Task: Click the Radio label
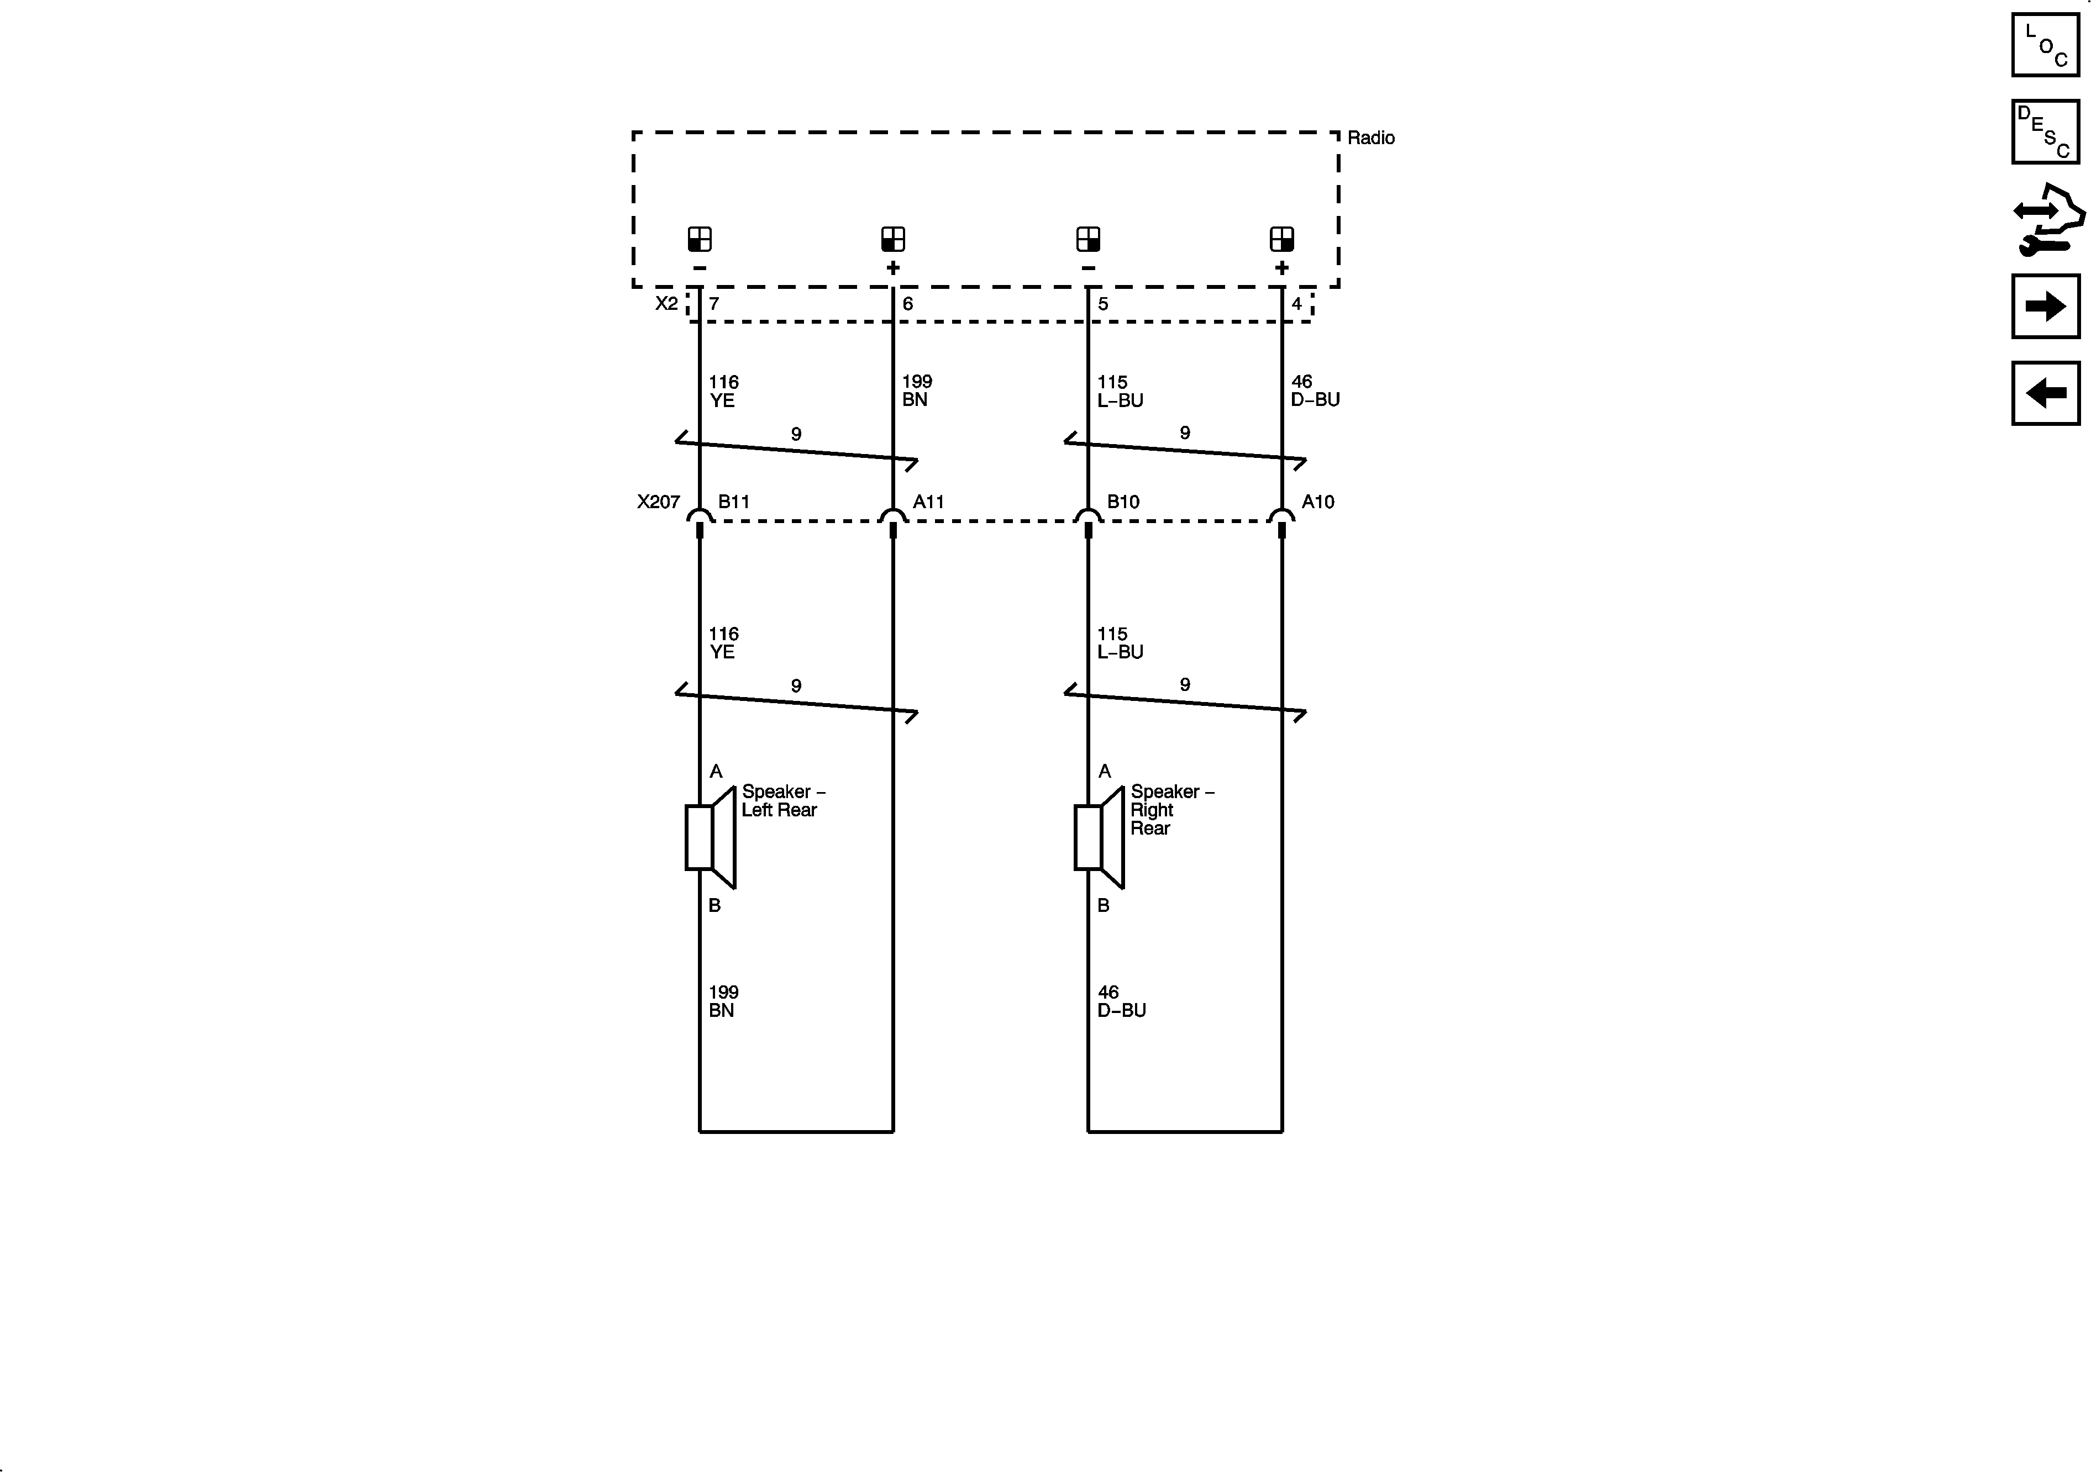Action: coord(1370,138)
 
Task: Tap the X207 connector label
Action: coord(658,502)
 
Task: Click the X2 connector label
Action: coord(666,303)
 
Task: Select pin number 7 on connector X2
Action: coord(714,304)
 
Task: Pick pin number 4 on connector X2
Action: coord(1296,304)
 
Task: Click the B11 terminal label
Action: coord(733,502)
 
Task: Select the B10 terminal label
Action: coord(1123,502)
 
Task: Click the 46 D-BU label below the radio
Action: coord(1314,391)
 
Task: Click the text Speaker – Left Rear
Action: coord(782,801)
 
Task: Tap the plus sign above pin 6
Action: coord(892,268)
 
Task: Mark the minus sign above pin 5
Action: coord(1088,268)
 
